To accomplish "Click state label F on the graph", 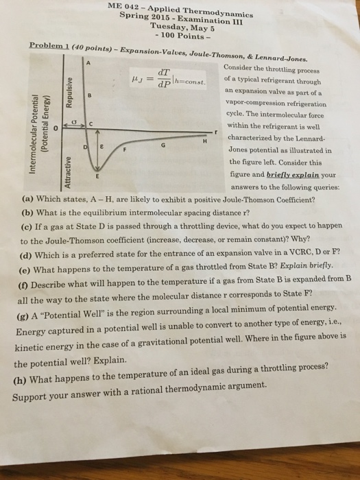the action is (x=125, y=149).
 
